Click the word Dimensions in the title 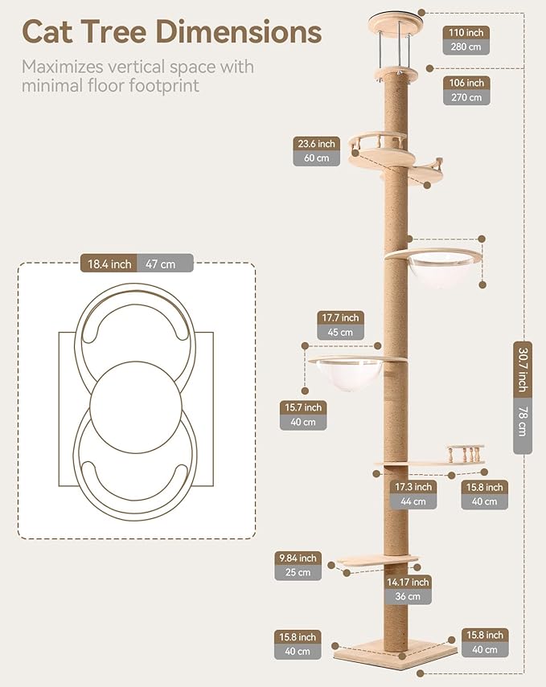[239, 31]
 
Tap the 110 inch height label [466, 32]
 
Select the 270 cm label [466, 97]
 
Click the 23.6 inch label [316, 144]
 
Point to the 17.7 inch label [340, 317]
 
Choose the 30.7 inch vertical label [523, 370]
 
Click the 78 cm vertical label [523, 424]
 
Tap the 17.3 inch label [413, 487]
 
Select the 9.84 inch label [298, 558]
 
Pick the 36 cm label [408, 596]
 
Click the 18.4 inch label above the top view [109, 264]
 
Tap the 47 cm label [165, 264]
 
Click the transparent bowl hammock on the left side [345, 375]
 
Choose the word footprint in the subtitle [165, 85]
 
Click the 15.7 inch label [303, 407]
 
